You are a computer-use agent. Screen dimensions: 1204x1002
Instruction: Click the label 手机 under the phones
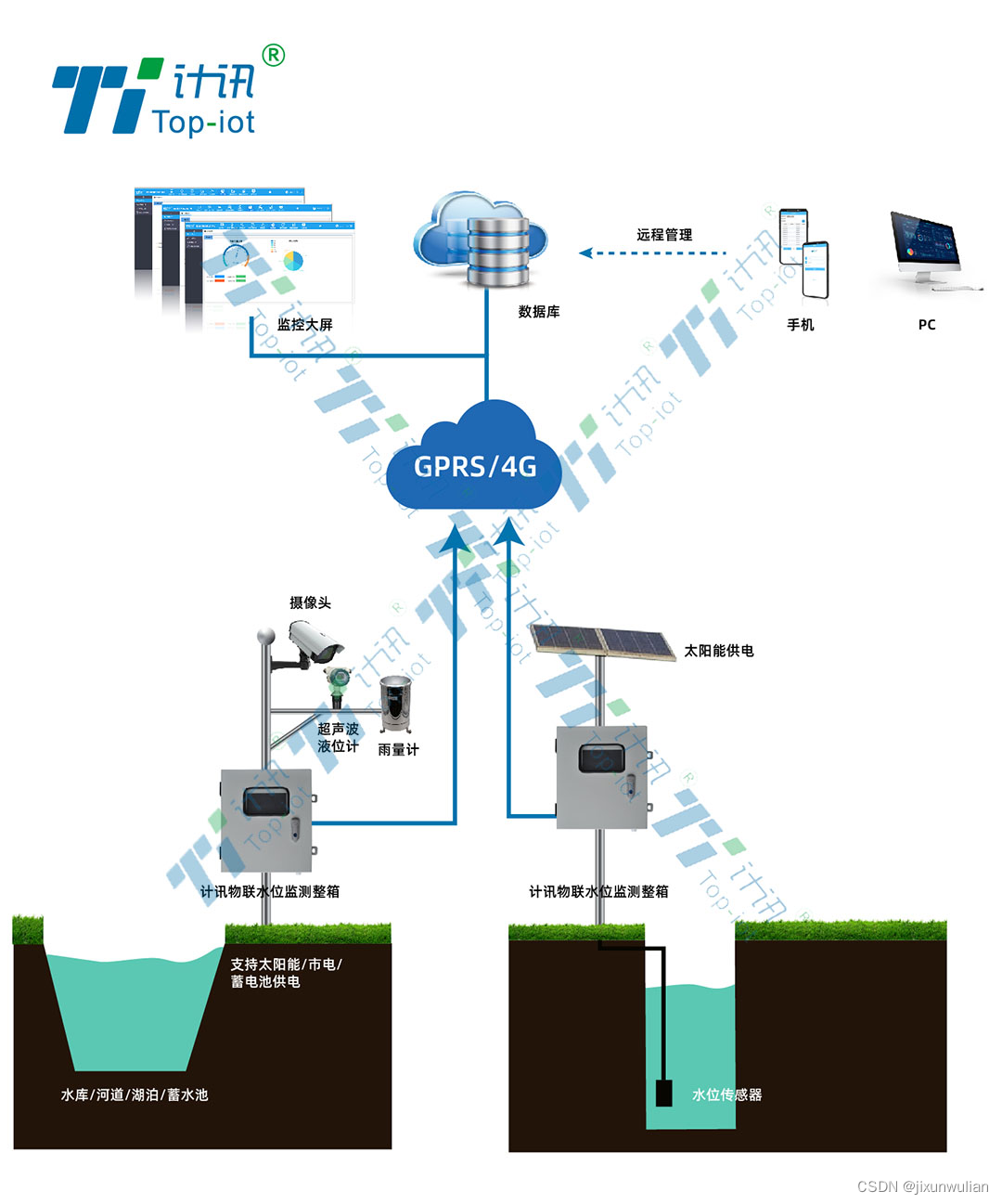(800, 325)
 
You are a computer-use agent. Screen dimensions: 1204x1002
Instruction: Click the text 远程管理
(664, 235)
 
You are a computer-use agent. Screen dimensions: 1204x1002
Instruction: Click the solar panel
(603, 641)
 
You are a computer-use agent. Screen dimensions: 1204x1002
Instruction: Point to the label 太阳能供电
(719, 651)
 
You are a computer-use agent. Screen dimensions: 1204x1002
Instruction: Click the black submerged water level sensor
(663, 1093)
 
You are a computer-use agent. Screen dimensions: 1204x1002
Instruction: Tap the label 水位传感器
(727, 1095)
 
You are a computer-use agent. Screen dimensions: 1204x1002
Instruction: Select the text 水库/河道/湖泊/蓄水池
(135, 1095)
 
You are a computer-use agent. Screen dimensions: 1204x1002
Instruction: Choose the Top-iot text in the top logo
(203, 122)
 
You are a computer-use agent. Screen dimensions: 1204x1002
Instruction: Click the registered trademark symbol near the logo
(273, 56)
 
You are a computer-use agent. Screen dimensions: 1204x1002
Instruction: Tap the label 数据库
(539, 312)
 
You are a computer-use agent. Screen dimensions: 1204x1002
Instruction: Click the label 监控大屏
(304, 325)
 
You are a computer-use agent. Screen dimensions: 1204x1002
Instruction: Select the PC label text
(927, 325)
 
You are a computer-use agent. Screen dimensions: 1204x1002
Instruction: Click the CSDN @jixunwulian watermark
(922, 1186)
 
